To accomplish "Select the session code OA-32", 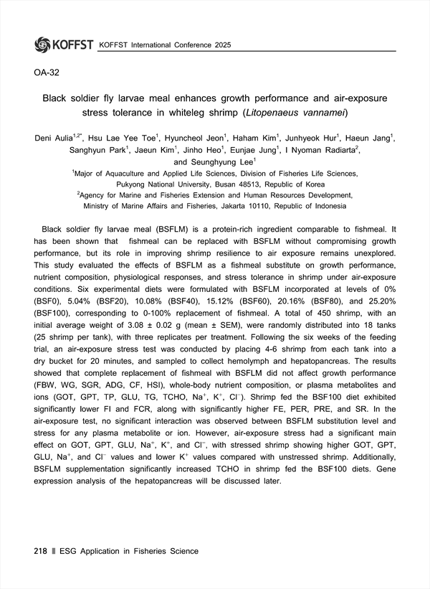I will [48, 73].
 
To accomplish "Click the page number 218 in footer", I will [40, 551].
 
